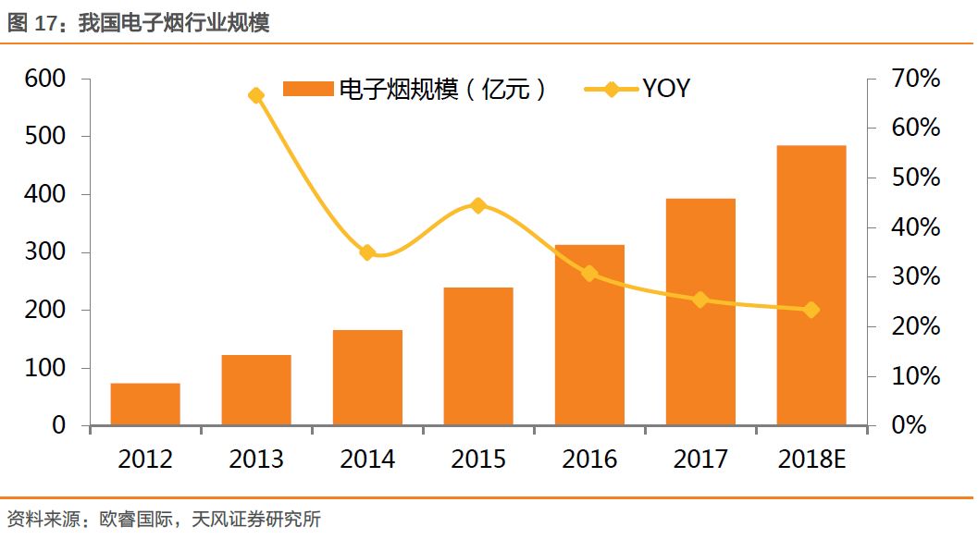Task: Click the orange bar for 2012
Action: [145, 404]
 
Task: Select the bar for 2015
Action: [478, 356]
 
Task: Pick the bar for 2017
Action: [700, 312]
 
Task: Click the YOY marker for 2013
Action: [256, 96]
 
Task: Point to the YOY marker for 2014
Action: [367, 252]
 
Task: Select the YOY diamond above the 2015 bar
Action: [478, 205]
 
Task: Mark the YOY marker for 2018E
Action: [811, 310]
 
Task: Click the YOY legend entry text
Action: [666, 89]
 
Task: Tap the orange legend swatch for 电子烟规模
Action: [307, 89]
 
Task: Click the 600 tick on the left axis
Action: [45, 79]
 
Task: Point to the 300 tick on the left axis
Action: [45, 252]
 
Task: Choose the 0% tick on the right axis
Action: [910, 426]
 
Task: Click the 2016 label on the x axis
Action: [589, 459]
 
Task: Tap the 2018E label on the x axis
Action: [811, 459]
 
